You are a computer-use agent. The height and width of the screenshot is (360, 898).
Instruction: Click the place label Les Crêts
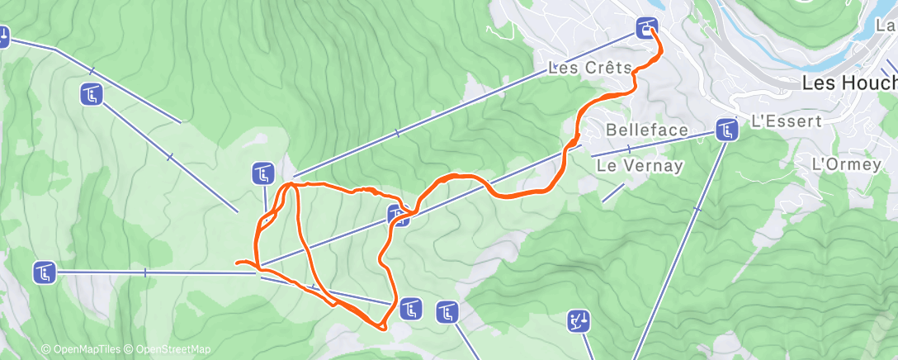pyautogui.click(x=589, y=68)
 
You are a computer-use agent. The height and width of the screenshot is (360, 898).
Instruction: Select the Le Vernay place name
pyautogui.click(x=640, y=165)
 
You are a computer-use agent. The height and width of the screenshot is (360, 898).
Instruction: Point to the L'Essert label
pyautogui.click(x=787, y=121)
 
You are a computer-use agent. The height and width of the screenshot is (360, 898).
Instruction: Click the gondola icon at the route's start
pyautogui.click(x=646, y=27)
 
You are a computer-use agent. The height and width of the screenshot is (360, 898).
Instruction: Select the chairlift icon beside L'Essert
pyautogui.click(x=726, y=130)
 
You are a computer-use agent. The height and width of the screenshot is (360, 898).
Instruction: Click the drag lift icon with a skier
pyautogui.click(x=579, y=320)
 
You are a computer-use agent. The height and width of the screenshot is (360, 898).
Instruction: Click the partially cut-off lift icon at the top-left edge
pyautogui.click(x=3, y=36)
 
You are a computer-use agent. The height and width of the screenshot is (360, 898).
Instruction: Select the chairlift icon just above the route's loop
pyautogui.click(x=262, y=173)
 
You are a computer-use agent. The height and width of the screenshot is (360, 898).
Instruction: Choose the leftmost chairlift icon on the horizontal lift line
pyautogui.click(x=45, y=271)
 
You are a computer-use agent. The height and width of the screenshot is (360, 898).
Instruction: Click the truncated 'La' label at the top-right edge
pyautogui.click(x=886, y=26)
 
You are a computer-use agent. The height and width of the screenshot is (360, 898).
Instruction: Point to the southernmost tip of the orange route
pyautogui.click(x=382, y=329)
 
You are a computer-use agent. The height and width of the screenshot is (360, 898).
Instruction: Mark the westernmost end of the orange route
pyautogui.click(x=237, y=263)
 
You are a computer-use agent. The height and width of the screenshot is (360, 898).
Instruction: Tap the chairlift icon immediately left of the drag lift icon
pyautogui.click(x=447, y=313)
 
